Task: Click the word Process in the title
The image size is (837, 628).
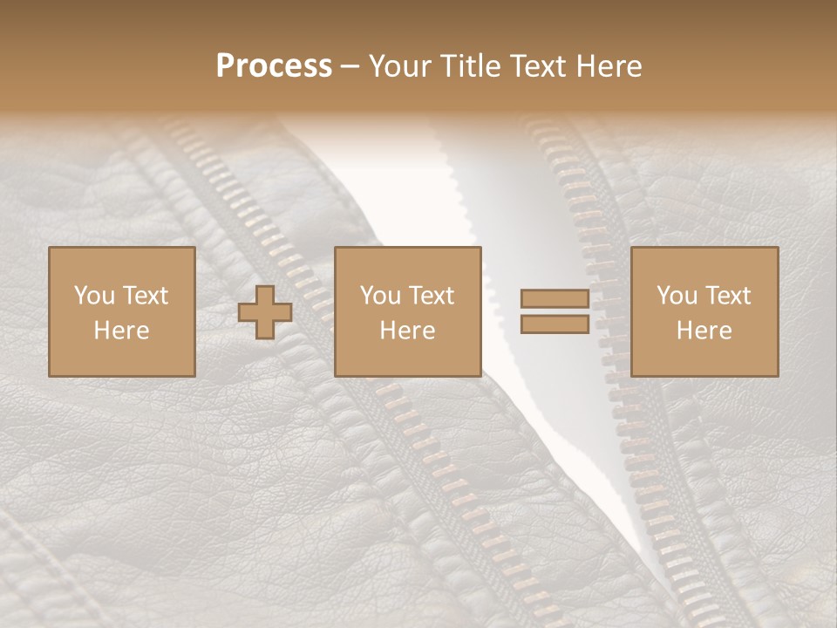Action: [x=274, y=66]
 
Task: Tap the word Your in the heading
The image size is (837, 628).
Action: [x=400, y=66]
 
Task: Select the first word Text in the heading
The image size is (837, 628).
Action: [x=535, y=66]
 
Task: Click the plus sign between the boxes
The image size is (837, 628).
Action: [x=265, y=312]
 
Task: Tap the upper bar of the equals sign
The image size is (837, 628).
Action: [x=555, y=299]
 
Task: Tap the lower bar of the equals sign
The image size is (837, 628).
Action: [x=555, y=324]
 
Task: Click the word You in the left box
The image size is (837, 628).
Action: [x=93, y=296]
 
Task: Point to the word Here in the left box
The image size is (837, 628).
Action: [x=121, y=331]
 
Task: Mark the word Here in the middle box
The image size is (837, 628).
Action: [x=407, y=331]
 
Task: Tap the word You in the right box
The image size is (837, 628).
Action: [x=676, y=296]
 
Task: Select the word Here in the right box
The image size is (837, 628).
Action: [x=704, y=331]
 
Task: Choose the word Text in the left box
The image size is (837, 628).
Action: [x=146, y=296]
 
